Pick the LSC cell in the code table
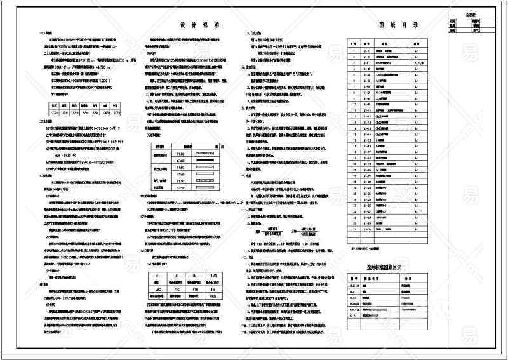point(156,288)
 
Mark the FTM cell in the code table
point(194,288)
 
